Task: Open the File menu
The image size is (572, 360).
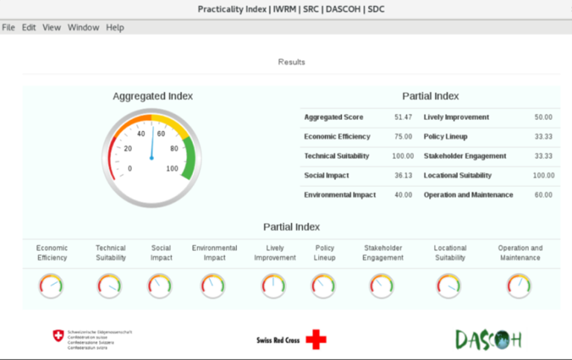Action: click(x=8, y=28)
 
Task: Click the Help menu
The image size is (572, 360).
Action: click(x=115, y=28)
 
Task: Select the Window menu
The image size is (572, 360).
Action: click(x=83, y=28)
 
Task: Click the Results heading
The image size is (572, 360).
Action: click(x=291, y=62)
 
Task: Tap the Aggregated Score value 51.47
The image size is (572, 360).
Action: click(x=403, y=117)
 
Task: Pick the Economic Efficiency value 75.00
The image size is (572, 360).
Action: click(x=403, y=136)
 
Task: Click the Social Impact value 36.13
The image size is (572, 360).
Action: click(x=403, y=175)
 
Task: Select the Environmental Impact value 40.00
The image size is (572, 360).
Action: click(x=403, y=195)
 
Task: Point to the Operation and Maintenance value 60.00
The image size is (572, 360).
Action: click(x=544, y=195)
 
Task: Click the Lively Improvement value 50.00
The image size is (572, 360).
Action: click(x=544, y=117)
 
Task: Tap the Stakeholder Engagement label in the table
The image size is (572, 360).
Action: click(x=465, y=156)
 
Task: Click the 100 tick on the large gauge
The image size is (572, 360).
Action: click(x=173, y=168)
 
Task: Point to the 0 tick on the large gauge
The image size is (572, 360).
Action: click(x=130, y=168)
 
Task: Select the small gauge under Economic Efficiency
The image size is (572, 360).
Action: click(x=51, y=286)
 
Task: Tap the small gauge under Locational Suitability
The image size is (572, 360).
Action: click(x=449, y=286)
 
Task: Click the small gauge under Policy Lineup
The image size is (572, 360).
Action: click(x=323, y=286)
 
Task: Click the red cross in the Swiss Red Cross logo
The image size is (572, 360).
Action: click(x=316, y=340)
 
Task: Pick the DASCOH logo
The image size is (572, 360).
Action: click(x=489, y=340)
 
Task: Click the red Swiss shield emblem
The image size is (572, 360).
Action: click(x=58, y=336)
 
